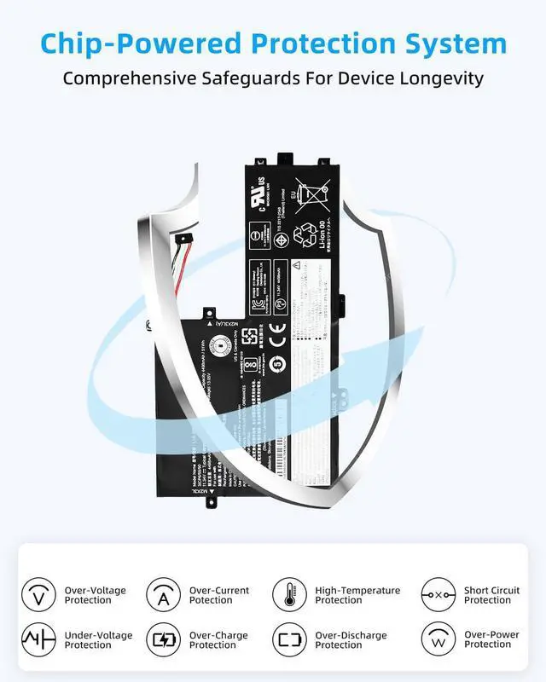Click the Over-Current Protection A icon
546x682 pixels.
pos(163,594)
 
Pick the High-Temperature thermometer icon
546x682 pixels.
pos(289,594)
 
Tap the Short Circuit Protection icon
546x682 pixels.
pos(438,594)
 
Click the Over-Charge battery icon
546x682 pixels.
pos(163,639)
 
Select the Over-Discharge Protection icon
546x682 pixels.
pos(289,639)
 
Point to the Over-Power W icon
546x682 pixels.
pos(438,639)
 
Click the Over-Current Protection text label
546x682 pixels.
pos(219,595)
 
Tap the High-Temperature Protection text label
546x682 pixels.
pos(357,595)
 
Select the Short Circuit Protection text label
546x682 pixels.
pos(491,595)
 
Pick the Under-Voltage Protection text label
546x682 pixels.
pos(95,640)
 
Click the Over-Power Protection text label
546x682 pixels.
pos(491,640)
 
